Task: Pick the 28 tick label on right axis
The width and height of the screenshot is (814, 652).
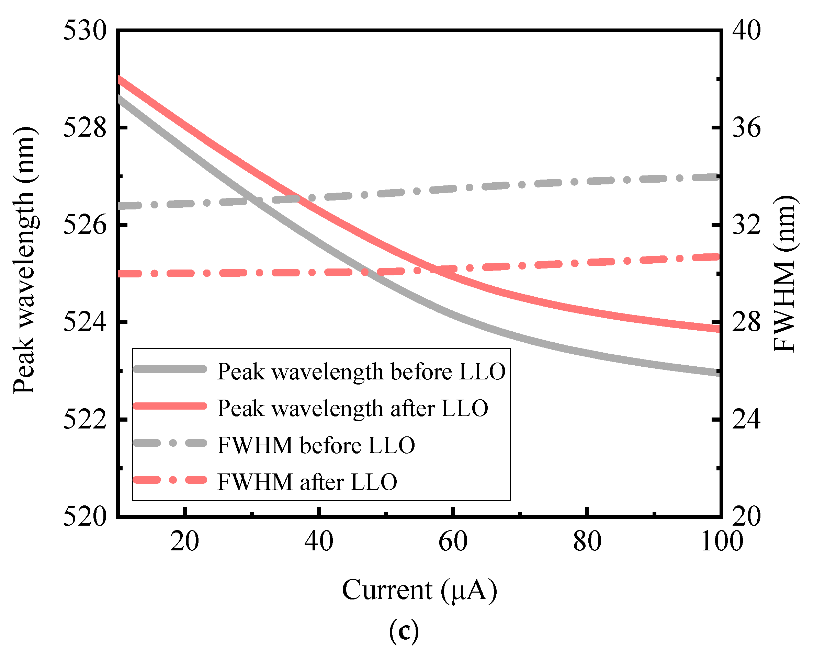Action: pyautogui.click(x=746, y=323)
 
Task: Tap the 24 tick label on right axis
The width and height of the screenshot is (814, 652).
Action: pyautogui.click(x=746, y=420)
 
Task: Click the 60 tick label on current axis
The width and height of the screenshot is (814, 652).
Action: pyautogui.click(x=453, y=541)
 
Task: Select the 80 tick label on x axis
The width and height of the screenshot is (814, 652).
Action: pyautogui.click(x=587, y=541)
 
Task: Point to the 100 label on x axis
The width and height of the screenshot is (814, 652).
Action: pyautogui.click(x=722, y=541)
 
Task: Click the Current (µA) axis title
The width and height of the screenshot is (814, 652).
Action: pyautogui.click(x=419, y=590)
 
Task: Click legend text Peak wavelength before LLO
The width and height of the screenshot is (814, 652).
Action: pyautogui.click(x=361, y=371)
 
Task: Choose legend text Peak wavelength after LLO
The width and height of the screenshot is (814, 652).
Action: pyautogui.click(x=353, y=408)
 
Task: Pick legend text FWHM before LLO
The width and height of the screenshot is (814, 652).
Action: pyautogui.click(x=316, y=445)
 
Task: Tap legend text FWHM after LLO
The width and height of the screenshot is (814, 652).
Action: pyautogui.click(x=307, y=482)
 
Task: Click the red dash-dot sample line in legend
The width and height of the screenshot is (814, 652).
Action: pyautogui.click(x=170, y=480)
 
